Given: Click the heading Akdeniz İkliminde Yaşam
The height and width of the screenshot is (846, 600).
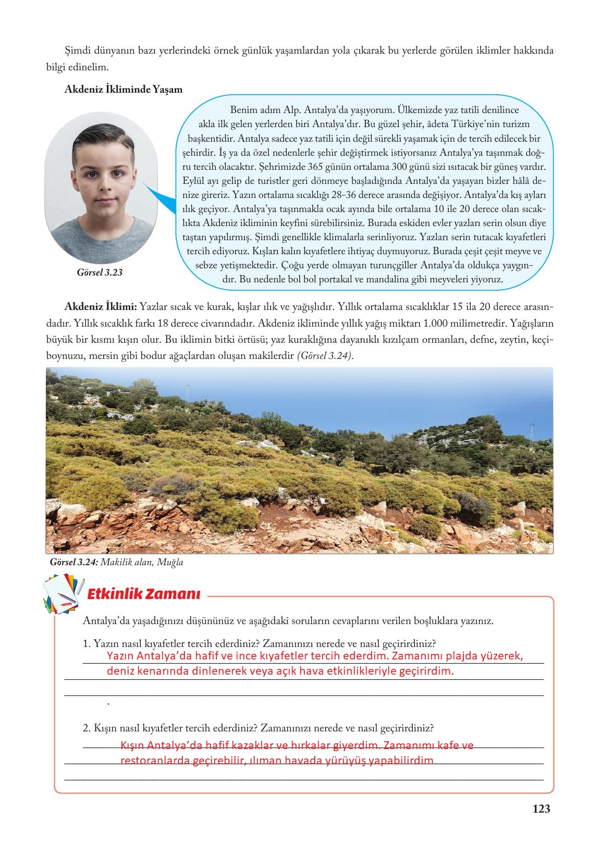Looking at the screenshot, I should (123, 89).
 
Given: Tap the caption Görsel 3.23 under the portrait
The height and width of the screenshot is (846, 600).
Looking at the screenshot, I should (100, 272).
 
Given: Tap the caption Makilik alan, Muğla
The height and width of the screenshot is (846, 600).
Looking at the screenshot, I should (142, 563).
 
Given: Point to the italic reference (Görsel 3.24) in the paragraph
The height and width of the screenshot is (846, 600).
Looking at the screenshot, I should (324, 356).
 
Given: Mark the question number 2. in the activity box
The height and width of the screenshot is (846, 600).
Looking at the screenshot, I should (87, 728).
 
